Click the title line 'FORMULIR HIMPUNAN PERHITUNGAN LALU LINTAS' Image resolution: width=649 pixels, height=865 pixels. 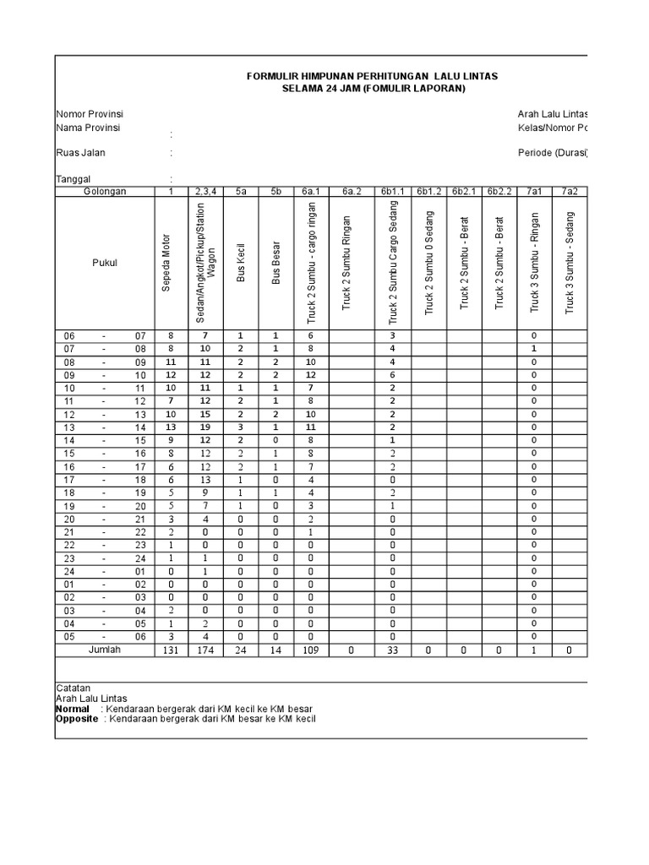pyautogui.click(x=372, y=76)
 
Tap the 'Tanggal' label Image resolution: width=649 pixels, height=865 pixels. pyautogui.click(x=74, y=179)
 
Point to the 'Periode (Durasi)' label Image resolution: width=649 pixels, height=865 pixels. pyautogui.click(x=553, y=153)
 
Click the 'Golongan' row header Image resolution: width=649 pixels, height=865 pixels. pyautogui.click(x=105, y=192)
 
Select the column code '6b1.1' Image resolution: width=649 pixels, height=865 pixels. pyautogui.click(x=393, y=192)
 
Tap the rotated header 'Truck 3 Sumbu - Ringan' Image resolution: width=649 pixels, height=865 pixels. pyautogui.click(x=534, y=262)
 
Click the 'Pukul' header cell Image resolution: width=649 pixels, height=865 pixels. pyautogui.click(x=105, y=263)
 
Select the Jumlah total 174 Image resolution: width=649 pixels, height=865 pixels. pyautogui.click(x=204, y=650)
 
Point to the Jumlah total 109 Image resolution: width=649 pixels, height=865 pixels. pyautogui.click(x=311, y=650)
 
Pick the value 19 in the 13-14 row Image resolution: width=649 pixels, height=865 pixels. pyautogui.click(x=204, y=427)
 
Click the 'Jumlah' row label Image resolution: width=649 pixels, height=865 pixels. pyautogui.click(x=105, y=650)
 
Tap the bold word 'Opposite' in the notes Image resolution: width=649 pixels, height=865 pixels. pyautogui.click(x=77, y=720)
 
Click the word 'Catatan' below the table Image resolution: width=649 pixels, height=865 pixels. pyautogui.click(x=73, y=688)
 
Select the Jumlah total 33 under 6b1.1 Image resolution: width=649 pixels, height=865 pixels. pyautogui.click(x=393, y=650)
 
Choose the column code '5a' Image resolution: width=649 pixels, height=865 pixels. pyautogui.click(x=240, y=192)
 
